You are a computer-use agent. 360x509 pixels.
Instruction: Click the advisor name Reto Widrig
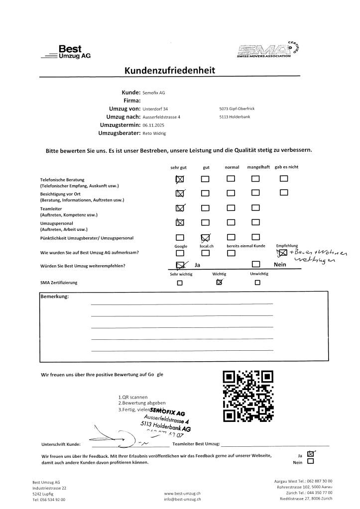pos(154,133)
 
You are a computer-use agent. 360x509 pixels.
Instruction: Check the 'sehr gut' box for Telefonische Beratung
pos(180,179)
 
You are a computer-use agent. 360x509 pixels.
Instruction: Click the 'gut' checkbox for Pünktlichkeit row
pos(205,237)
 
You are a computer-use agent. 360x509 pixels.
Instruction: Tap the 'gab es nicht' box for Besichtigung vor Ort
pos(284,193)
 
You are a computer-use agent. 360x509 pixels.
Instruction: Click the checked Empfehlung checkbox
pos(281,253)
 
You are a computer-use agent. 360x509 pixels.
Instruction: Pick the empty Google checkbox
pos(180,253)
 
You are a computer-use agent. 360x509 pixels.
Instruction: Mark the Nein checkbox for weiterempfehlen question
pos(256,265)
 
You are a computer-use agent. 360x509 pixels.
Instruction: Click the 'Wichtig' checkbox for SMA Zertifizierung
pos(219,283)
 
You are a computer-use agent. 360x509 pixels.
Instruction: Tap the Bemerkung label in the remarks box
pos(55,297)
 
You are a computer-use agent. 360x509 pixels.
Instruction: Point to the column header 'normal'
pos(232,167)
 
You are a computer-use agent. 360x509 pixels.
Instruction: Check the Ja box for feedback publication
pos(311,453)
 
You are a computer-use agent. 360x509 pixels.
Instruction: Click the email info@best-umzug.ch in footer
pos(182,499)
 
